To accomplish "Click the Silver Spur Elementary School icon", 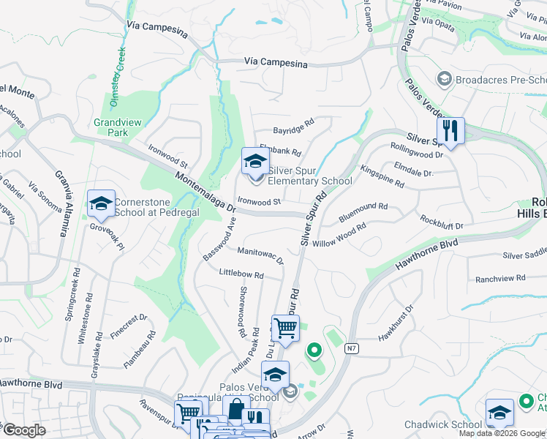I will pos(255,161).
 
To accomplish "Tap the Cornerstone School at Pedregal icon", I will pos(101,203).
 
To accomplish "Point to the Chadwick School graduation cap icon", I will pos(500,412).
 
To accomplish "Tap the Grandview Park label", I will pos(111,128).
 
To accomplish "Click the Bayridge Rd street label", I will pos(293,126).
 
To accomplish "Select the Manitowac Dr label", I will pos(260,255).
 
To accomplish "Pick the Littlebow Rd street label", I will pos(241,274).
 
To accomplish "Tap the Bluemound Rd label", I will pos(363,212).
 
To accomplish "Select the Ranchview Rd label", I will pos(500,278).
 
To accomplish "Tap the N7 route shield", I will pos(352,349).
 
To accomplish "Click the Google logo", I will pos(24,430).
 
